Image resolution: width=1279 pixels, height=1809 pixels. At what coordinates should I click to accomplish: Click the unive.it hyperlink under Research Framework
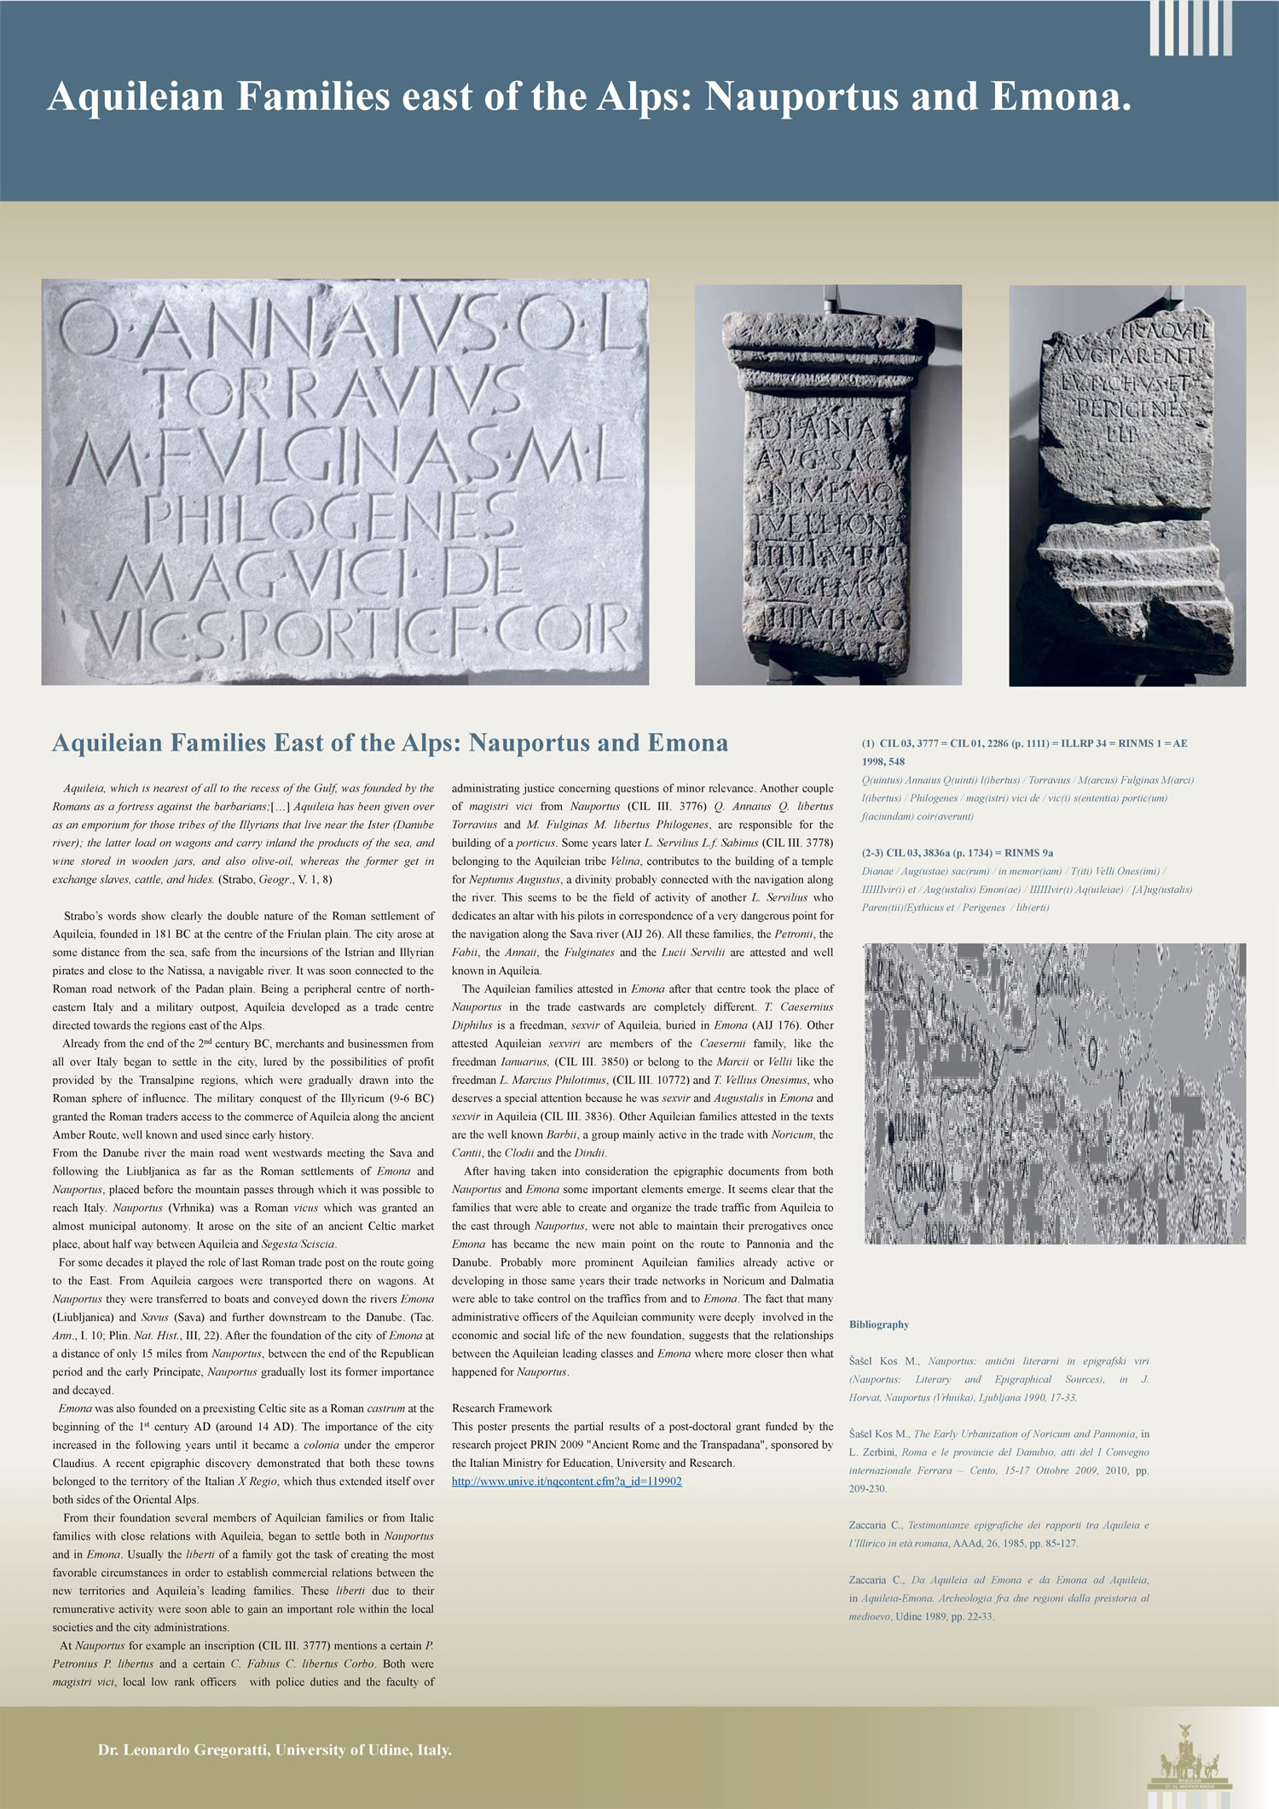(566, 1481)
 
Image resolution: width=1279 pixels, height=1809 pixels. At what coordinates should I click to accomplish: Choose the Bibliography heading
(878, 1325)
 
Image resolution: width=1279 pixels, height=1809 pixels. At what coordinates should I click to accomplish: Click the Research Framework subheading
(501, 1408)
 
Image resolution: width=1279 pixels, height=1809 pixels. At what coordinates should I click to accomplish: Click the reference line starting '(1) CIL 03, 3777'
(1023, 744)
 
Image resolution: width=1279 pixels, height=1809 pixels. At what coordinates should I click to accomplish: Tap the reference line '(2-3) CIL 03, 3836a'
(957, 853)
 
